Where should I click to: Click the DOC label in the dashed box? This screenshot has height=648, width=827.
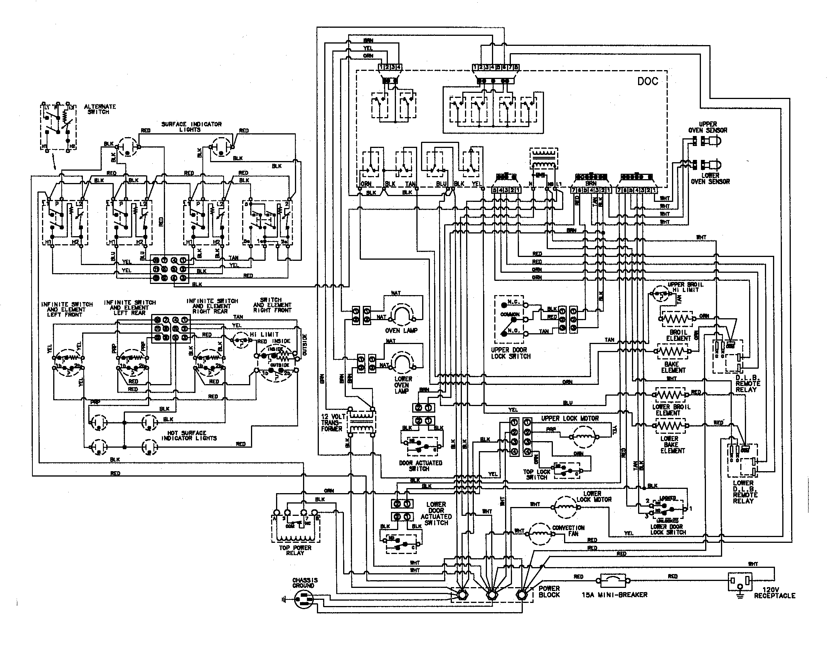coord(647,81)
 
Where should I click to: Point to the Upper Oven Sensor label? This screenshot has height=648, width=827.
coord(707,127)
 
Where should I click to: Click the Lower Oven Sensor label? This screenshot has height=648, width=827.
coord(710,178)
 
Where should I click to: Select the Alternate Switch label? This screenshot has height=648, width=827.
coord(100,109)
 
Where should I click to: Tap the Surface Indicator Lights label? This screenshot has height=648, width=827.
coord(191,127)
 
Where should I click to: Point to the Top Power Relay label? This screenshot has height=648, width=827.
coord(295,550)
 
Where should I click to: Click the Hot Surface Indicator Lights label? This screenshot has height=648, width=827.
coord(189,435)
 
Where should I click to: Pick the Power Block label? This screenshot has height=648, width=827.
coord(549,591)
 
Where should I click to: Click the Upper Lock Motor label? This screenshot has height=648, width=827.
coord(570,418)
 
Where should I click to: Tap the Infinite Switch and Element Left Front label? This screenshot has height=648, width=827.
coord(67,309)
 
